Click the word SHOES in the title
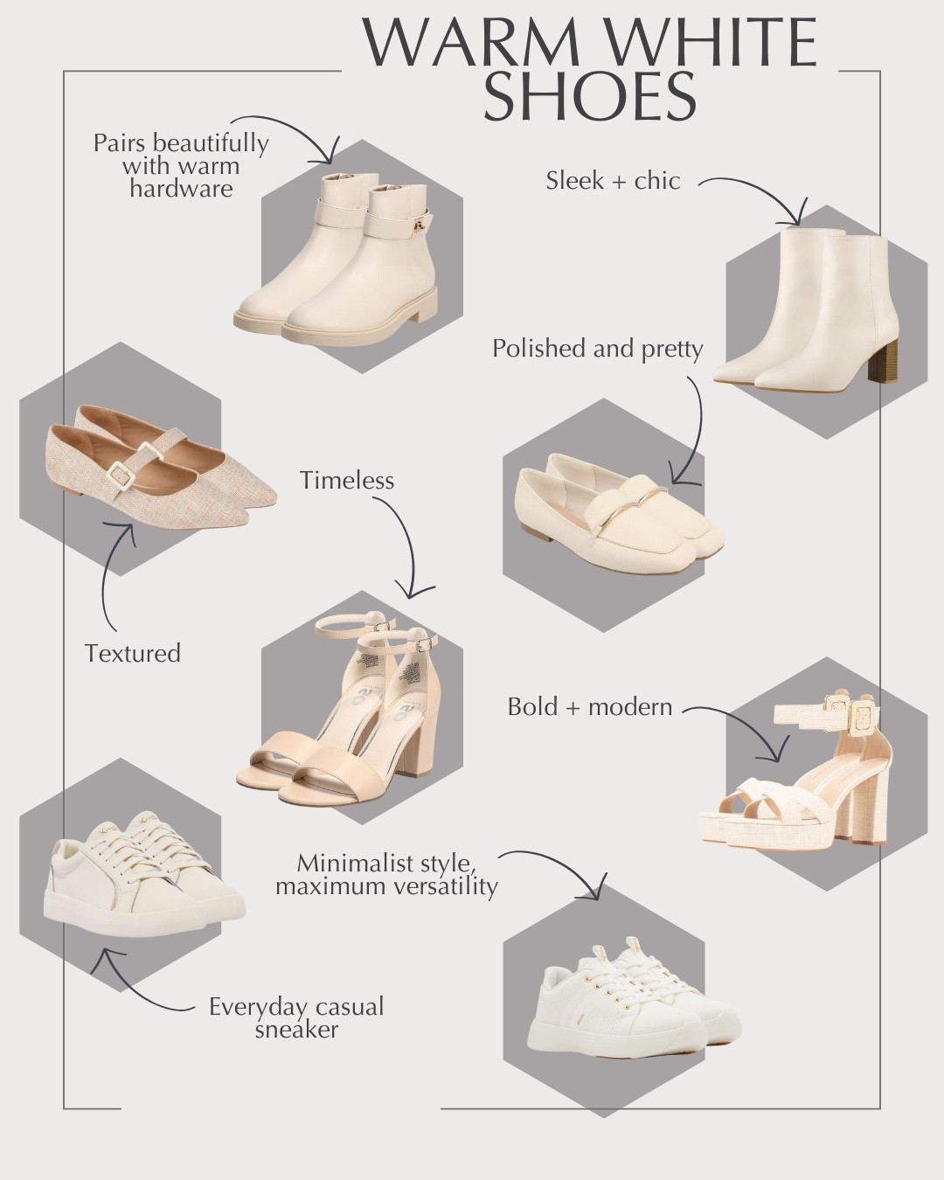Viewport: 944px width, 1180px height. click(590, 98)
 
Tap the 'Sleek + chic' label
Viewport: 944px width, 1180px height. click(614, 181)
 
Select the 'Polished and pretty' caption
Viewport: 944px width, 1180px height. click(597, 349)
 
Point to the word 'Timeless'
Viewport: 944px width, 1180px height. click(347, 481)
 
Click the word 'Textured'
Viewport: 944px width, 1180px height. click(133, 653)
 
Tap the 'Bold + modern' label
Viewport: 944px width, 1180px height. click(590, 707)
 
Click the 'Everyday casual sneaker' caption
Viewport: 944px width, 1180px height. click(296, 1018)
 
